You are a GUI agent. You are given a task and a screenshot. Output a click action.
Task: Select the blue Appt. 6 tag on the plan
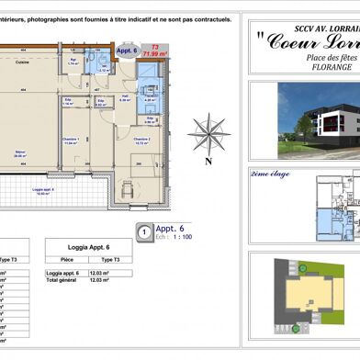coord(128,51)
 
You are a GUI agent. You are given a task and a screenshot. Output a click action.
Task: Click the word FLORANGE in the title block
coord(313,68)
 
